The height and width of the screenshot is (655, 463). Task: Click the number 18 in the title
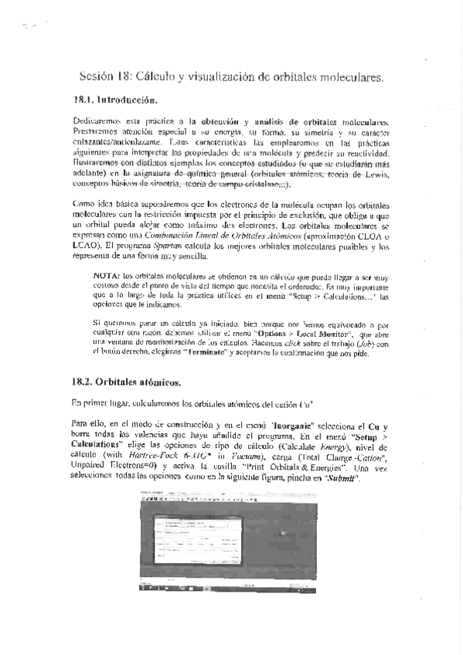[x=121, y=76]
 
